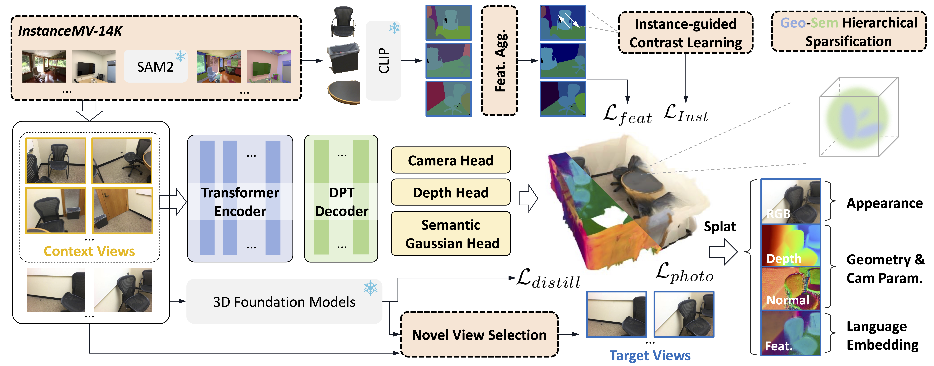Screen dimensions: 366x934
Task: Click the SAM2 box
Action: pos(156,66)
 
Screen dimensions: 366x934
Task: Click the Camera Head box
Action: pos(451,160)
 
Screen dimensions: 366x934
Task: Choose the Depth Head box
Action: pos(451,192)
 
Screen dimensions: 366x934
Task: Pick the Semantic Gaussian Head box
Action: pos(451,234)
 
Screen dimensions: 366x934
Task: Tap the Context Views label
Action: pos(89,251)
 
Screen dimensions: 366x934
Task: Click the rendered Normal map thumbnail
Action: pos(790,289)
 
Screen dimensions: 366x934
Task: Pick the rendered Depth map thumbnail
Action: pos(790,246)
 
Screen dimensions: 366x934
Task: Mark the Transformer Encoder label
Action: pos(240,202)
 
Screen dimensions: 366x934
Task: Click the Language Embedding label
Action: pos(882,335)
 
